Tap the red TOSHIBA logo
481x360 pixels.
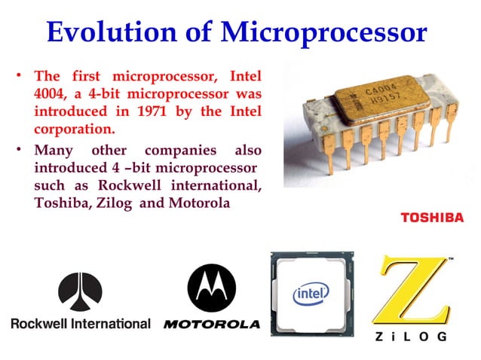tap(432, 218)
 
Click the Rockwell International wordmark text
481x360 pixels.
tap(81, 323)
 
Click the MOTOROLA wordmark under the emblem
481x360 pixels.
tap(211, 325)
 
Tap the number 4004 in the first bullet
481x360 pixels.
tap(52, 95)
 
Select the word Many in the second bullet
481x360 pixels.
tap(54, 148)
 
